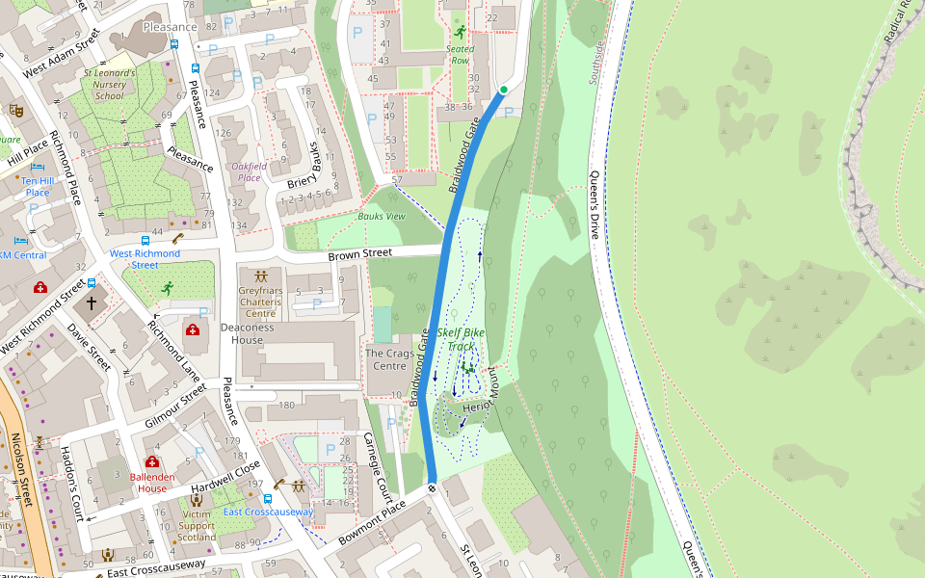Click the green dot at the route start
click(x=503, y=90)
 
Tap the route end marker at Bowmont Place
click(x=432, y=487)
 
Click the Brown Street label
click(x=360, y=253)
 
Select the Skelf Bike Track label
click(x=461, y=339)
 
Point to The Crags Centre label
click(x=389, y=359)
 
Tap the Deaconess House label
click(x=254, y=333)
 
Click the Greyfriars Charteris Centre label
click(x=261, y=301)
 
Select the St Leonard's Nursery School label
click(x=110, y=84)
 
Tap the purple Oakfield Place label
click(x=249, y=171)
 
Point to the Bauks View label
click(x=382, y=216)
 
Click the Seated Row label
click(x=460, y=54)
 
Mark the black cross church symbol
click(x=92, y=303)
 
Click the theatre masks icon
click(x=15, y=110)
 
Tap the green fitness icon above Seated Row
click(x=460, y=32)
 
